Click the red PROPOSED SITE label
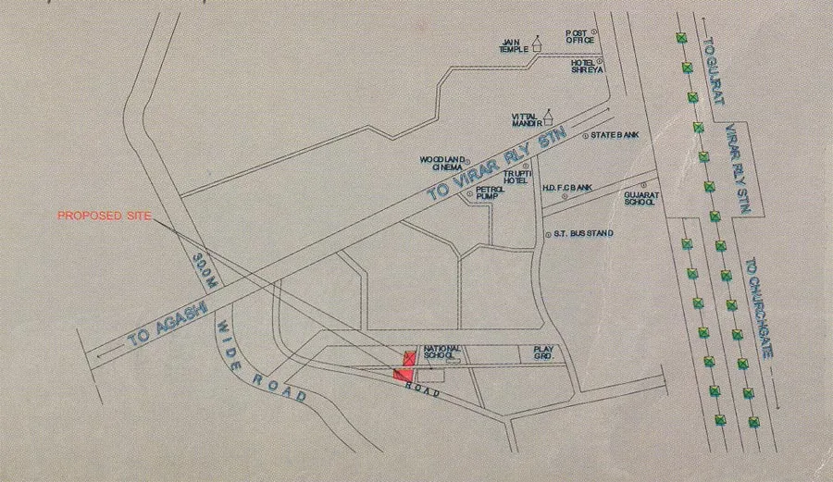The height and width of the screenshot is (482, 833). [x=103, y=216]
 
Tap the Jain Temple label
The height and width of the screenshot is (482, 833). [x=513, y=46]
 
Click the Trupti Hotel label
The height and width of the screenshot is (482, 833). [x=514, y=177]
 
